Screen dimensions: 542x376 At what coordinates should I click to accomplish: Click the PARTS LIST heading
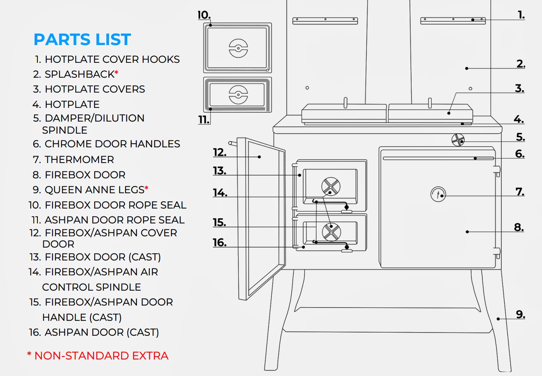[82, 39]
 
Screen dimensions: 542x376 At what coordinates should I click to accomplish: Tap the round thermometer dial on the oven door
[438, 194]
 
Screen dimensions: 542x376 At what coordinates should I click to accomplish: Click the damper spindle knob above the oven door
[458, 140]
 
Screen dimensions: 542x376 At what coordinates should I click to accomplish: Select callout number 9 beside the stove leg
[520, 314]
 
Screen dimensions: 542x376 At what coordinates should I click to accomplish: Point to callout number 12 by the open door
[220, 153]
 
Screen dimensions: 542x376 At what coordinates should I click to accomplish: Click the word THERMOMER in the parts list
[79, 160]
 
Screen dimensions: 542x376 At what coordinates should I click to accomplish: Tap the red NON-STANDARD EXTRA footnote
[97, 356]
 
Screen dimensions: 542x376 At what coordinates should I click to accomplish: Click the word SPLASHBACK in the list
[79, 74]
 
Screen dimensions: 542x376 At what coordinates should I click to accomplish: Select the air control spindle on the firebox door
[331, 186]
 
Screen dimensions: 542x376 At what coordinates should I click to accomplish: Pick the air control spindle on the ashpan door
[331, 232]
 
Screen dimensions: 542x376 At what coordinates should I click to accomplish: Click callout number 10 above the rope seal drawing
[204, 15]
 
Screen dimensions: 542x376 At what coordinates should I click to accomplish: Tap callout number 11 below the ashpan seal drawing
[204, 120]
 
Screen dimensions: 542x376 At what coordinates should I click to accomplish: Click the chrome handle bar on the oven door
[438, 159]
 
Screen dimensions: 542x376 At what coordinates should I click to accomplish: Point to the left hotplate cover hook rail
[325, 21]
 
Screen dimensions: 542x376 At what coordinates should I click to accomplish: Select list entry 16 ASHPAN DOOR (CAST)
[94, 332]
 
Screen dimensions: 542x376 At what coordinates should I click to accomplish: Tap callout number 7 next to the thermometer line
[520, 192]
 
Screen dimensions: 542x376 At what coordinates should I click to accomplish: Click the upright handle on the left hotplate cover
[345, 103]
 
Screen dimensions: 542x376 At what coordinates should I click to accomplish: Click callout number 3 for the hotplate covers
[519, 89]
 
